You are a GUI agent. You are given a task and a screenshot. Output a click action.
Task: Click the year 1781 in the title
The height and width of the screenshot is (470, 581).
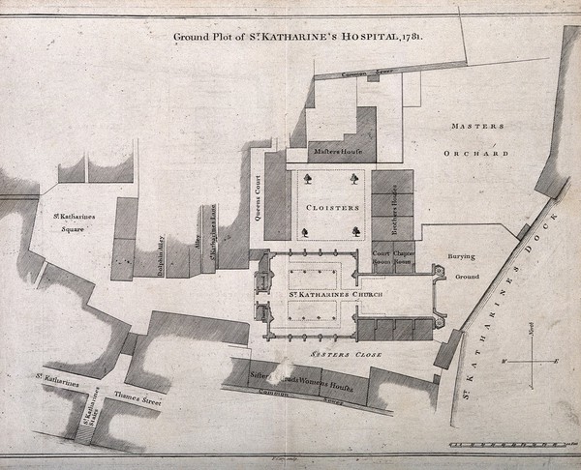pos(418,39)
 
